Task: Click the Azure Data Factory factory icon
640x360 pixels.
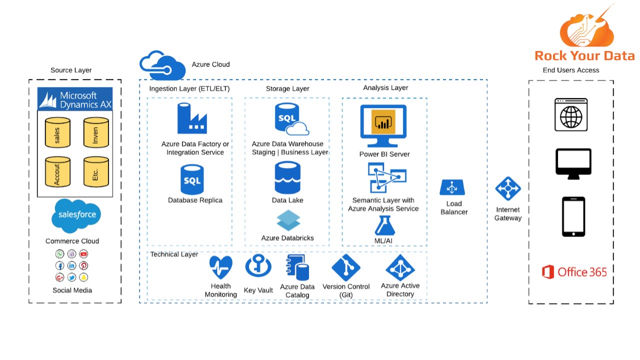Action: (192, 118)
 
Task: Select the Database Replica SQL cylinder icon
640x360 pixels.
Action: (192, 180)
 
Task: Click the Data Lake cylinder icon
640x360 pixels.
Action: (287, 177)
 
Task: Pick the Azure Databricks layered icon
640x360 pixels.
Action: (288, 220)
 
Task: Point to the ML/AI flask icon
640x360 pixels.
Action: (384, 225)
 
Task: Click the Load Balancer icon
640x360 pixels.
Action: (452, 188)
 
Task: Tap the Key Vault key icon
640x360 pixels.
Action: (258, 266)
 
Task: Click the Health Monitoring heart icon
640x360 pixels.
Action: (220, 267)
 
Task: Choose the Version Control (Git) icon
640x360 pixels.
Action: (346, 267)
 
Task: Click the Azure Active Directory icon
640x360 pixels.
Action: (400, 267)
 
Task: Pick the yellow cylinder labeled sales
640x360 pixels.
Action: (57, 132)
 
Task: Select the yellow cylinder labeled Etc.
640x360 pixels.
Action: (96, 171)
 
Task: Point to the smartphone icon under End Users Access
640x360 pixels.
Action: (573, 216)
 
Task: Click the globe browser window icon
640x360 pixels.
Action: (570, 115)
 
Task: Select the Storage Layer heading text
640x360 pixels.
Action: (287, 88)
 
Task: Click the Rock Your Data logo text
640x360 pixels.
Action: (584, 55)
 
